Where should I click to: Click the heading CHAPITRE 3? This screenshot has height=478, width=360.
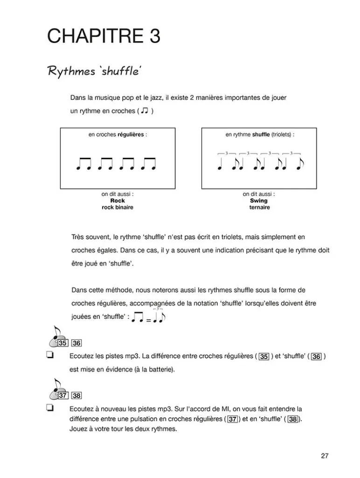[104, 36]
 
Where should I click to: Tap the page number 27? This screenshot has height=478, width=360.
[325, 456]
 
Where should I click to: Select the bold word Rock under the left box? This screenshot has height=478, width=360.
[118, 201]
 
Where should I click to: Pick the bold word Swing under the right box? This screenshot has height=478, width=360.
[259, 201]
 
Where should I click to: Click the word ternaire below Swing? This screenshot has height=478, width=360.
[259, 208]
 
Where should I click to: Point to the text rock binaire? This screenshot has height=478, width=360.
[118, 208]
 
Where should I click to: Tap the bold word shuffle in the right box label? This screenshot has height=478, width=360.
[261, 134]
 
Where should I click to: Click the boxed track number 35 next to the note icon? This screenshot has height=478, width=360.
[63, 343]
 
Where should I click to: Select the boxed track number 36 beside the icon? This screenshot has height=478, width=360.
[76, 343]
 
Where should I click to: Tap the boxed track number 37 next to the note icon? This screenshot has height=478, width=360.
[63, 395]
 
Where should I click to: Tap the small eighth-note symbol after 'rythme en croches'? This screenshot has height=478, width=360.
[145, 111]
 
